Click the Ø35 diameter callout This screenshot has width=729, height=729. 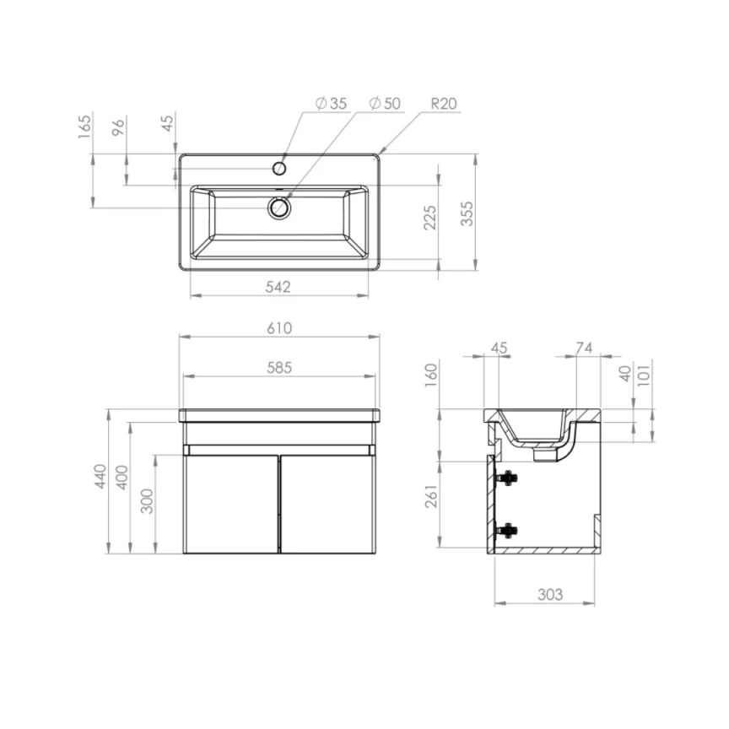click(x=331, y=104)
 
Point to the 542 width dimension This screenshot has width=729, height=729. click(x=278, y=287)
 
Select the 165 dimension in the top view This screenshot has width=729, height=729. click(x=84, y=127)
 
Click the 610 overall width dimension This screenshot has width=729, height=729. click(x=279, y=327)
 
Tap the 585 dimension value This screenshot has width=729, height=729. click(x=279, y=367)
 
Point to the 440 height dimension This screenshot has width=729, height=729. click(x=100, y=477)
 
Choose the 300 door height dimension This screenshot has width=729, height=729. click(x=148, y=501)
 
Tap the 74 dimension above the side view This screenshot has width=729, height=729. click(x=583, y=347)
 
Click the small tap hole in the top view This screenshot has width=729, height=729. click(x=279, y=168)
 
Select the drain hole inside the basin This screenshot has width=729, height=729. click(x=278, y=207)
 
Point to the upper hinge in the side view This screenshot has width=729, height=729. click(x=508, y=478)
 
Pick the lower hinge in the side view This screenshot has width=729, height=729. click(x=508, y=530)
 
